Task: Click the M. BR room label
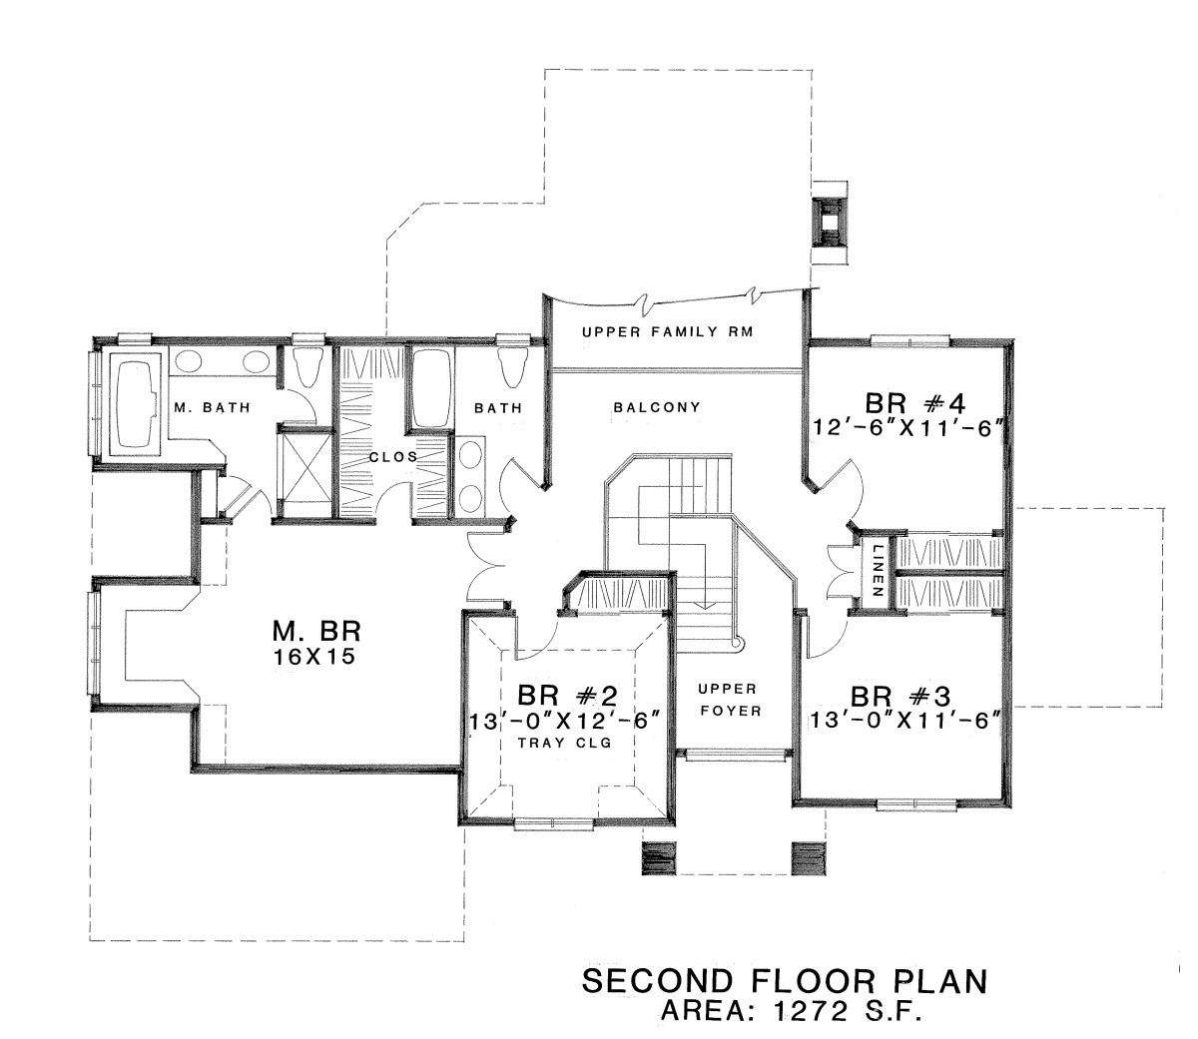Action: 316,632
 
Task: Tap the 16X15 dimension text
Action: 314,656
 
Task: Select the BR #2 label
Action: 567,696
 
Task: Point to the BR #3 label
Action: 900,697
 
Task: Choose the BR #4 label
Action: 914,403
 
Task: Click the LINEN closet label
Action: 876,571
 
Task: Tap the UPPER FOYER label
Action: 730,700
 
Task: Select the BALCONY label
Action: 656,407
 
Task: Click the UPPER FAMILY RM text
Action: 668,332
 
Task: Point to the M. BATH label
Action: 212,407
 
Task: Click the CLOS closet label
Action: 393,456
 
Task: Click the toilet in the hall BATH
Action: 512,367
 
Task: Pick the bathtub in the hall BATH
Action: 430,387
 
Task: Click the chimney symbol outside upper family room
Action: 830,222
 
